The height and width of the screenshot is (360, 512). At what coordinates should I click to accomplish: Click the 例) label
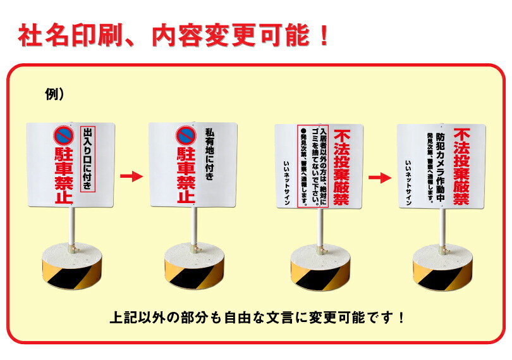click(x=55, y=94)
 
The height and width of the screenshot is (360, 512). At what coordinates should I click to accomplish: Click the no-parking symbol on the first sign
click(x=64, y=135)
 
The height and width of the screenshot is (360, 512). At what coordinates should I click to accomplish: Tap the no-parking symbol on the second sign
click(x=185, y=135)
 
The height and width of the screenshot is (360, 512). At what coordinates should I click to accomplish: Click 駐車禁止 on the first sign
click(x=64, y=176)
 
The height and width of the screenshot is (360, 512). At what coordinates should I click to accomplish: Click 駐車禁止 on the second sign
click(x=185, y=176)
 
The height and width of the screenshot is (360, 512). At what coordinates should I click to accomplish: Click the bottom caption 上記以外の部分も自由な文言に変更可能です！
click(x=257, y=316)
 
